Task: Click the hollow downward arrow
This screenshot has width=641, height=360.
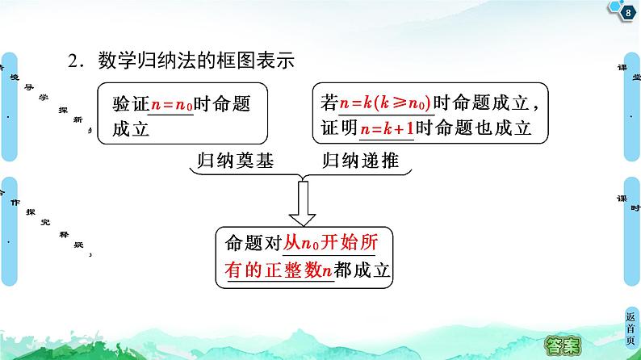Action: tap(304, 203)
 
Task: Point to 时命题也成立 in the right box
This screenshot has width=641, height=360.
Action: tap(476, 129)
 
